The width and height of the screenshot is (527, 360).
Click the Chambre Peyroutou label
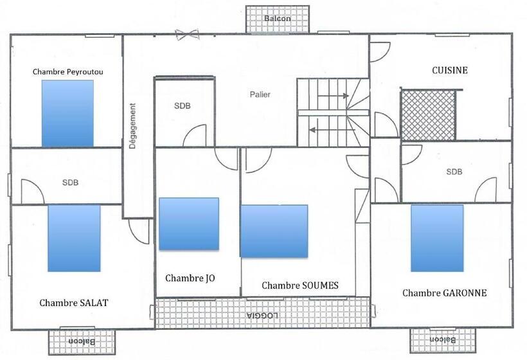tap(68, 72)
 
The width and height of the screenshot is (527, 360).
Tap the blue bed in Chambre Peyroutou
tap(67, 113)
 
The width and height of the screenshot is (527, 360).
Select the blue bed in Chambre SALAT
tap(74, 238)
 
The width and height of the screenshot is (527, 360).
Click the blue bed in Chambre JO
tap(189, 224)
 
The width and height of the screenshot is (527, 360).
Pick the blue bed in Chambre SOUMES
tap(274, 231)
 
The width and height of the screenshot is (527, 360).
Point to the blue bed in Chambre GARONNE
tap(437, 238)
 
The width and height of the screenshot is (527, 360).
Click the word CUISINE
tap(450, 70)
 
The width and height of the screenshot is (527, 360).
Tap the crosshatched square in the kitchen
tap(428, 115)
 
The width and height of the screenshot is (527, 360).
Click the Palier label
tap(260, 94)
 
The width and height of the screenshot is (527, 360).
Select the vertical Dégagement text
tap(133, 126)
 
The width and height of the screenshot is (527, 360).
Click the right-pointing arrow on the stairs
tap(333, 96)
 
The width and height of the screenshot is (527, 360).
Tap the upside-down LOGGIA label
tap(262, 316)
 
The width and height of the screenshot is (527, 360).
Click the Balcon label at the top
tap(277, 19)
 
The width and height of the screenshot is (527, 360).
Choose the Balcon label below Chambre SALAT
tap(82, 341)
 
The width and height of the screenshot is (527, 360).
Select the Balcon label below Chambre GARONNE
tap(443, 339)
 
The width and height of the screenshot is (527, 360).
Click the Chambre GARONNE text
tap(444, 293)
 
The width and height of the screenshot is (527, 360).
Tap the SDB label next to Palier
tap(182, 106)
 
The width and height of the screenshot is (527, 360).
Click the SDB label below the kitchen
tap(454, 172)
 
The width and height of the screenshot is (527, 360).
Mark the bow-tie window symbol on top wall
tap(187, 35)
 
